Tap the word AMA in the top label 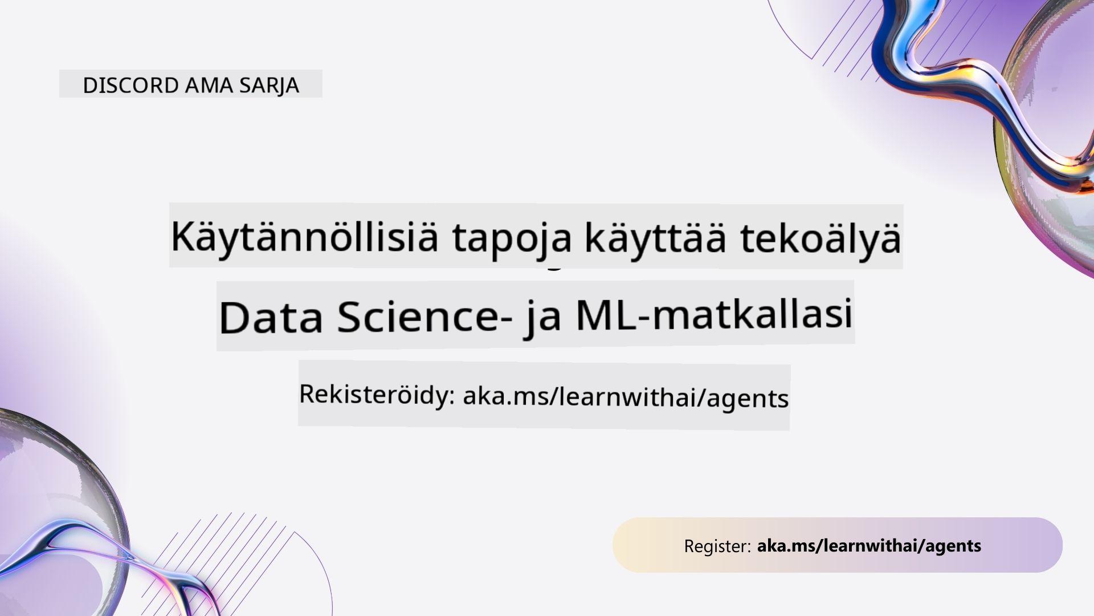point(209,85)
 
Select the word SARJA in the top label point(269,86)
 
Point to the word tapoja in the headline point(512,238)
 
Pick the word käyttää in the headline point(656,238)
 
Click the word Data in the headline point(271,317)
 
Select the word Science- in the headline point(424,316)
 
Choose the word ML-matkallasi point(714,314)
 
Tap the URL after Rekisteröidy point(626,397)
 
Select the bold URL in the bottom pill point(869,546)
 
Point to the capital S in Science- point(350,317)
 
